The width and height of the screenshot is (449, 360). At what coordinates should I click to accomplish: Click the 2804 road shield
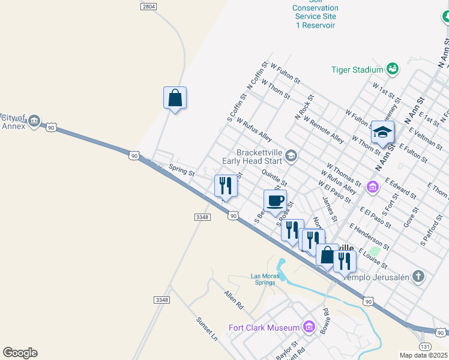point(149,6)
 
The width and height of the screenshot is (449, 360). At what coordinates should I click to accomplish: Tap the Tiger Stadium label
point(357,70)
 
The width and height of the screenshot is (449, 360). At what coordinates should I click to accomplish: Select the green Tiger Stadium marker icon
point(393,69)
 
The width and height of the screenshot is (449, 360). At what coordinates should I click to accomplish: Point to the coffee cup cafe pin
point(275,201)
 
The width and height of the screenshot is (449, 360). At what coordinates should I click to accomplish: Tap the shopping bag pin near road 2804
point(175,97)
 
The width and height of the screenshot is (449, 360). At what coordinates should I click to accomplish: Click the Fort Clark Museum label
point(264,328)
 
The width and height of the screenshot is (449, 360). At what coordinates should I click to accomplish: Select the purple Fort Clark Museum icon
point(309,326)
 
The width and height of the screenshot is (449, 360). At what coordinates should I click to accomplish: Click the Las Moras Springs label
point(265,280)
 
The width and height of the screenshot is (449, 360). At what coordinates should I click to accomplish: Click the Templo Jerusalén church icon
point(418,277)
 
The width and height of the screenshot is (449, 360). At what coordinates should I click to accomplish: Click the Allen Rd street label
point(234,299)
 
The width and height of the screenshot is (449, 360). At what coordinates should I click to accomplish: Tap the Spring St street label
point(182,172)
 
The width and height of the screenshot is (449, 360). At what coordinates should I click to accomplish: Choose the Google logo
point(20,353)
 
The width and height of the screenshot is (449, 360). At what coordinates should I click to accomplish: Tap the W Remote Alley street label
point(324,130)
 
